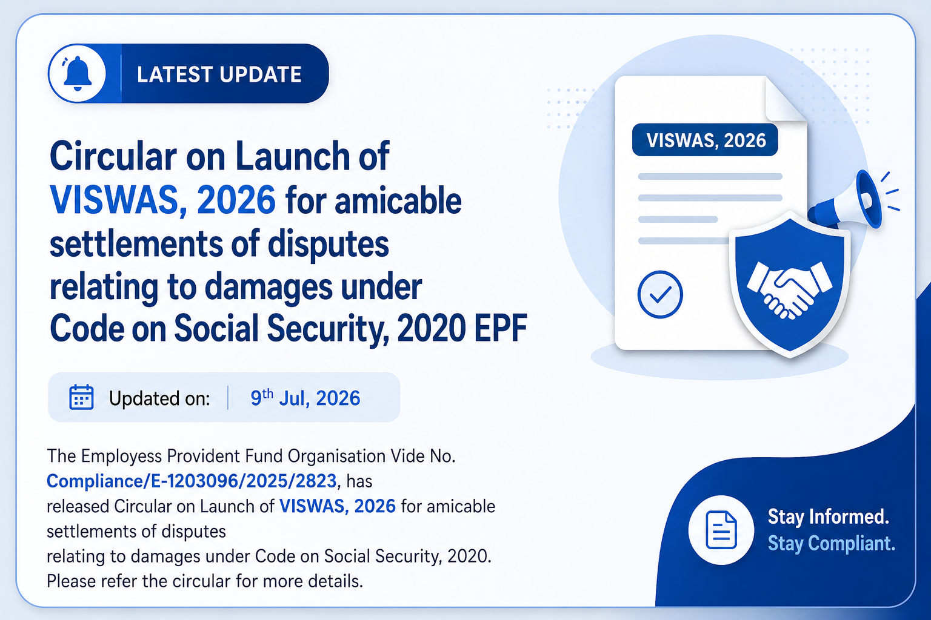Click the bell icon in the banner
(x=77, y=73)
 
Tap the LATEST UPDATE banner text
(x=219, y=74)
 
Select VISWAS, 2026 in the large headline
(x=162, y=200)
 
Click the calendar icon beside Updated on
(x=81, y=397)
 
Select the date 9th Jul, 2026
(x=305, y=398)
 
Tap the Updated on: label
(x=159, y=398)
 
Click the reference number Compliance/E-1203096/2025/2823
(x=192, y=481)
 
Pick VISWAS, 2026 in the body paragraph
(x=338, y=506)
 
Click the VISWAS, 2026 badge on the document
(x=705, y=140)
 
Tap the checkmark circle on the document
(x=660, y=294)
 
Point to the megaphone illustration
(x=850, y=199)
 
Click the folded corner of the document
(x=785, y=99)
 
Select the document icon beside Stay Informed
(x=721, y=529)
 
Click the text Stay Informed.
(x=829, y=517)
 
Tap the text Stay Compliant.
(x=831, y=543)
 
